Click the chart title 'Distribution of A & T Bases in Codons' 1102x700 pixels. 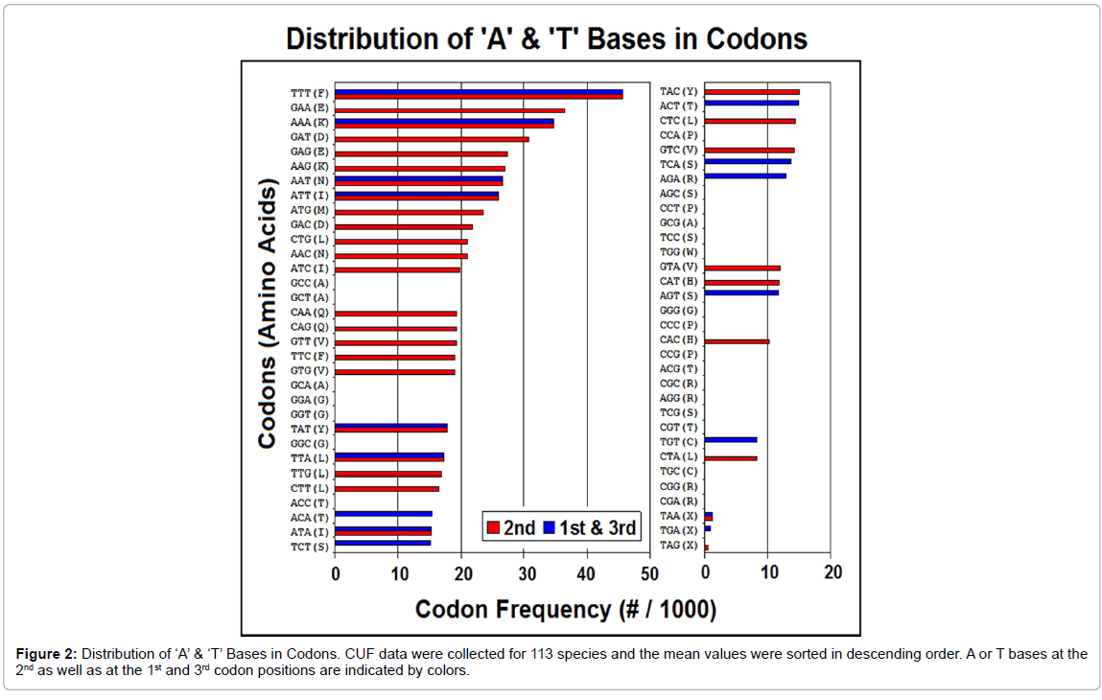[547, 39]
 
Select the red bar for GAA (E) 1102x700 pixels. [449, 110]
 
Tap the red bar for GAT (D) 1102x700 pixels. [432, 139]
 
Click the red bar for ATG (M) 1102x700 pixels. [409, 212]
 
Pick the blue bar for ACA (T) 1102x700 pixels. [383, 513]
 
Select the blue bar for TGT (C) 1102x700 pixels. [730, 439]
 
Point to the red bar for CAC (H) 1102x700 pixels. [737, 341]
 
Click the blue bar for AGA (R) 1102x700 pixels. [745, 175]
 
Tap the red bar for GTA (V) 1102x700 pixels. [742, 268]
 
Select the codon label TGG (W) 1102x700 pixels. [678, 252]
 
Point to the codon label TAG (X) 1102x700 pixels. [678, 545]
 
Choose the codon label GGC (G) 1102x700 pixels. [309, 444]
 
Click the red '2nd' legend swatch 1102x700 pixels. [494, 527]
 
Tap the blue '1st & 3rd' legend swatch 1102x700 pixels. [551, 527]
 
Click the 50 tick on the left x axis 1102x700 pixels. [648, 573]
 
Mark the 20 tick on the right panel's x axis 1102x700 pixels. [832, 573]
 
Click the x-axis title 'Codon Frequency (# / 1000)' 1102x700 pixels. [565, 609]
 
